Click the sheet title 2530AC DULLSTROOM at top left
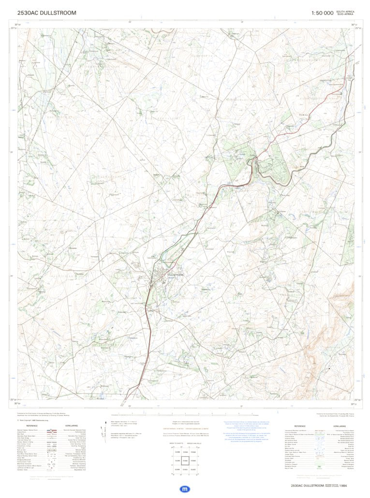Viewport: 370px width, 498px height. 46,13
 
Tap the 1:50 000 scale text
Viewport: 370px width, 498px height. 322,13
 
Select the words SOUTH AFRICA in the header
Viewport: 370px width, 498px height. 345,11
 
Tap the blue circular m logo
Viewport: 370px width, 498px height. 185,489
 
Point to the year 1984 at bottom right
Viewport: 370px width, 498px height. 343,485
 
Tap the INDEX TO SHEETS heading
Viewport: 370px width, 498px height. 176,443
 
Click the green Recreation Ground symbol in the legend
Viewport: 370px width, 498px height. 319,466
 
